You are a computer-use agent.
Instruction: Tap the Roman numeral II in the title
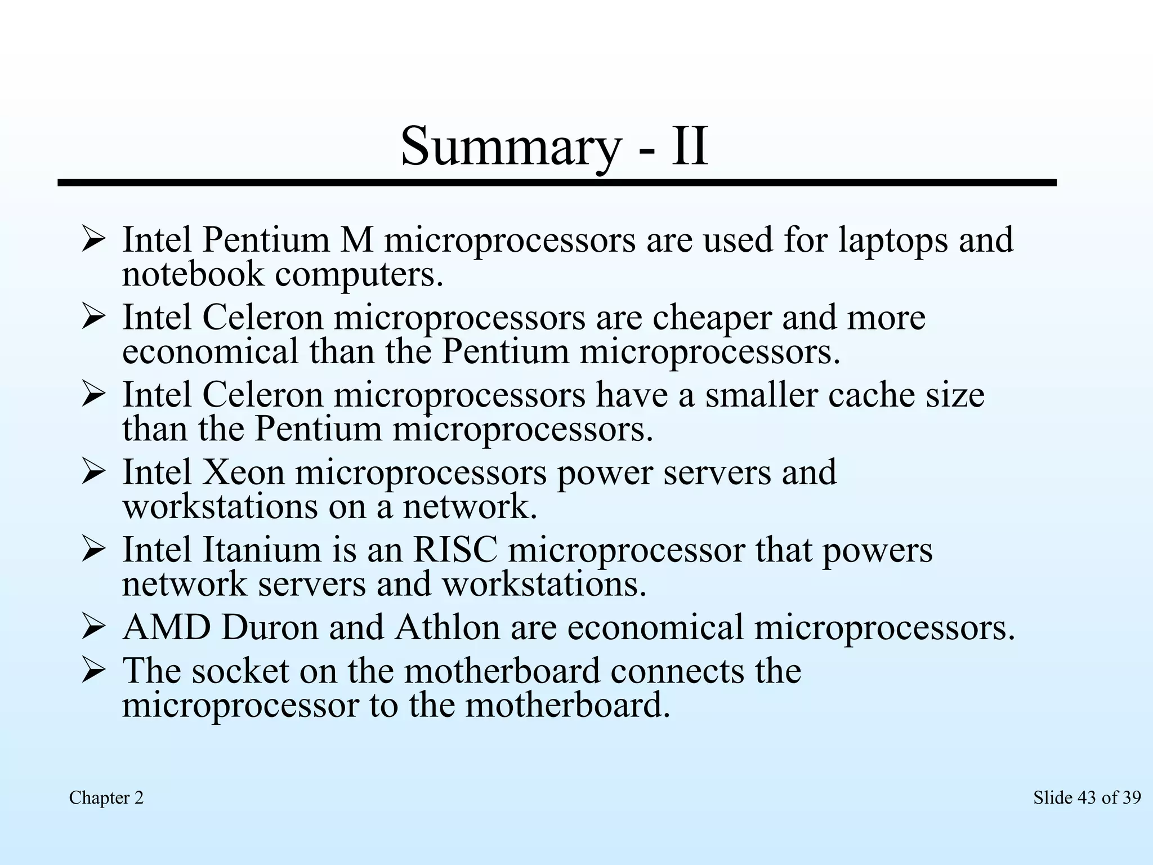click(689, 146)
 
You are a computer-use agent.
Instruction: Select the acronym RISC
click(455, 550)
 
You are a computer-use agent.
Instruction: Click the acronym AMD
click(166, 627)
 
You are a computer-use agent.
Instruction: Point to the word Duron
click(270, 627)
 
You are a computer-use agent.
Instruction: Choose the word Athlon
click(447, 627)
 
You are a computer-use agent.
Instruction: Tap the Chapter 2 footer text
click(106, 798)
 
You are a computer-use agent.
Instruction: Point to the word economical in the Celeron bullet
click(210, 353)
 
